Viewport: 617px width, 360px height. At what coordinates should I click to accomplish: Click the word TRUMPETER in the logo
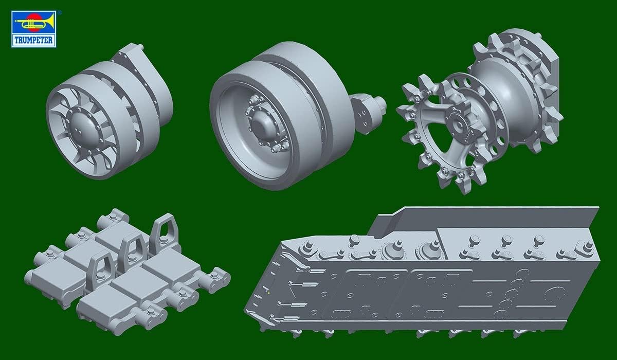[x=33, y=41]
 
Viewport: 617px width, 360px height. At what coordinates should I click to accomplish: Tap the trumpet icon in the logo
[x=33, y=23]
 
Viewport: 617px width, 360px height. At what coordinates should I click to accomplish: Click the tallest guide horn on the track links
[x=165, y=233]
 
